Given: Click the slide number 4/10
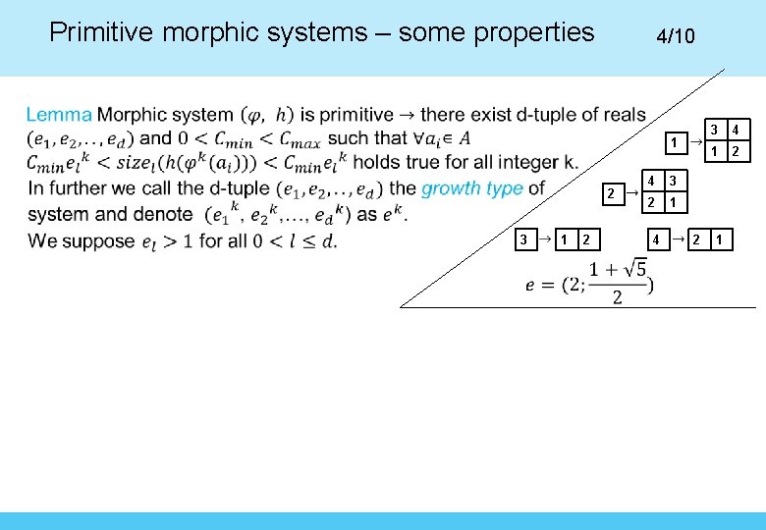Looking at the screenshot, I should click(675, 36).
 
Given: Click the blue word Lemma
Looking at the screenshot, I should click(59, 115).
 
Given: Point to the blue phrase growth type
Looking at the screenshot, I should click(471, 187).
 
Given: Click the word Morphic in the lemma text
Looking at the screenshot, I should click(133, 115).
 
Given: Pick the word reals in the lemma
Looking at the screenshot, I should click(618, 115).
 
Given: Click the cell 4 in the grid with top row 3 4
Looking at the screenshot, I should click(736, 130).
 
